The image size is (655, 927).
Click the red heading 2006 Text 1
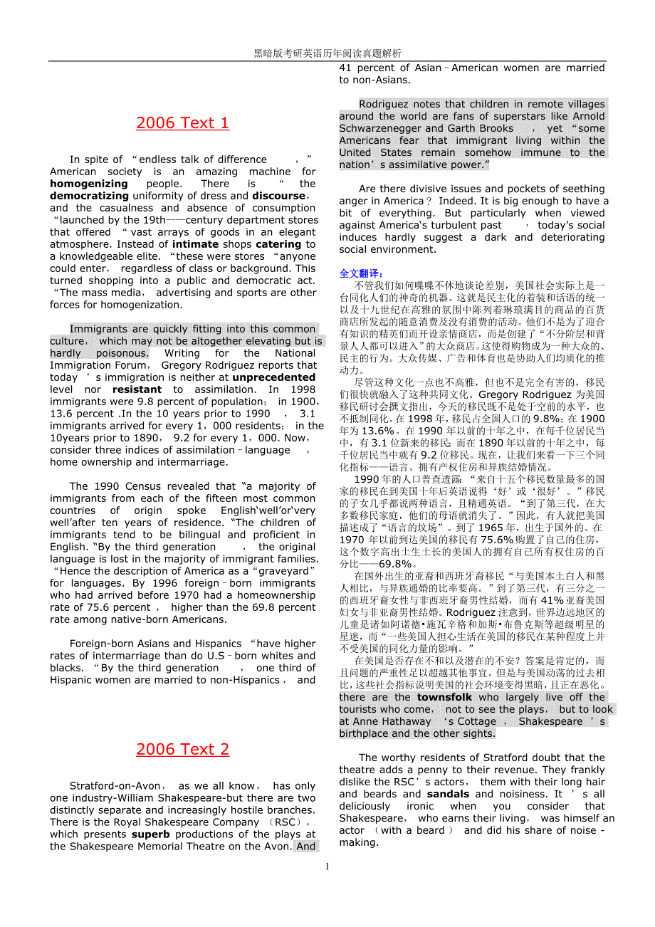pyautogui.click(x=182, y=123)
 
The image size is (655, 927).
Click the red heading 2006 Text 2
pyautogui.click(x=182, y=749)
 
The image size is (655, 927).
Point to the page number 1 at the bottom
pyautogui.click(x=327, y=866)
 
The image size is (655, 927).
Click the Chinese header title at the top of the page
pyautogui.click(x=327, y=53)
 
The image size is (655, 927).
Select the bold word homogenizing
pyautogui.click(x=88, y=184)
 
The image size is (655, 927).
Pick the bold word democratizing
pyautogui.click(x=89, y=196)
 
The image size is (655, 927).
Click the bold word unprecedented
pyautogui.click(x=273, y=377)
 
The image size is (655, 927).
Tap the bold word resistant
pyautogui.click(x=137, y=389)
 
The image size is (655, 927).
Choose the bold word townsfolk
pyautogui.click(x=444, y=697)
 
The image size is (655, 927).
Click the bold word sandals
pyautogui.click(x=448, y=794)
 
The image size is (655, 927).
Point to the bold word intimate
pyautogui.click(x=177, y=244)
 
